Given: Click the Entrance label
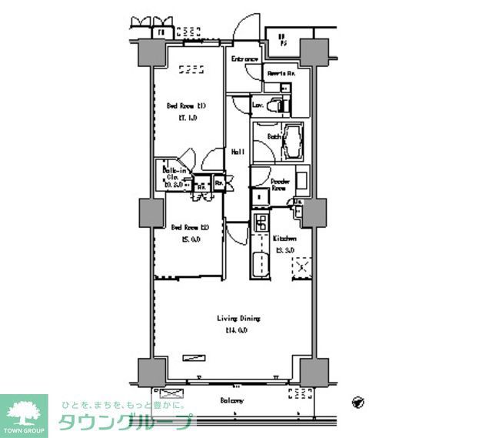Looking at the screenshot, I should point(244,59).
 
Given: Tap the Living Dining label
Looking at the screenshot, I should point(238,318).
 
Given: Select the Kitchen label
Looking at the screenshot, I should point(285,239).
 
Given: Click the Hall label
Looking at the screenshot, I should point(238,152).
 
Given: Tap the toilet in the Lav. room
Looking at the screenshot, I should point(282,102).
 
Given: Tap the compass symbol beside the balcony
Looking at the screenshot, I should point(358,401).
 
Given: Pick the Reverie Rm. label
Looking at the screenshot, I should point(282,73).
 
